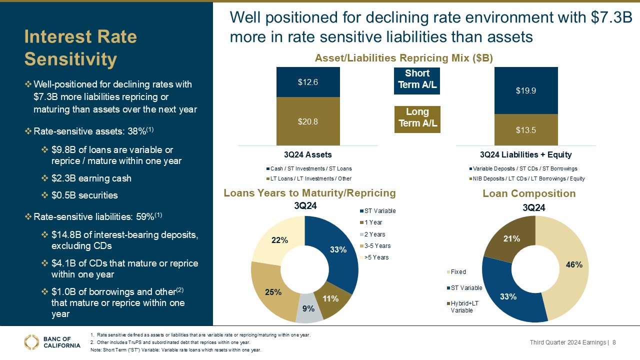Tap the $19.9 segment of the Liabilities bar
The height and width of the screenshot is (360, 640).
526,90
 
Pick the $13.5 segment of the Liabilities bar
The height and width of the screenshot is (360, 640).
526,130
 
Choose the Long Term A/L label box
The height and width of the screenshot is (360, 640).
417,119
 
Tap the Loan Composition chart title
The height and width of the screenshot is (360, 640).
529,193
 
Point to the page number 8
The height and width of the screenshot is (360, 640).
614,342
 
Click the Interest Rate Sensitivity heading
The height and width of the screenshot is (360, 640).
80,48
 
